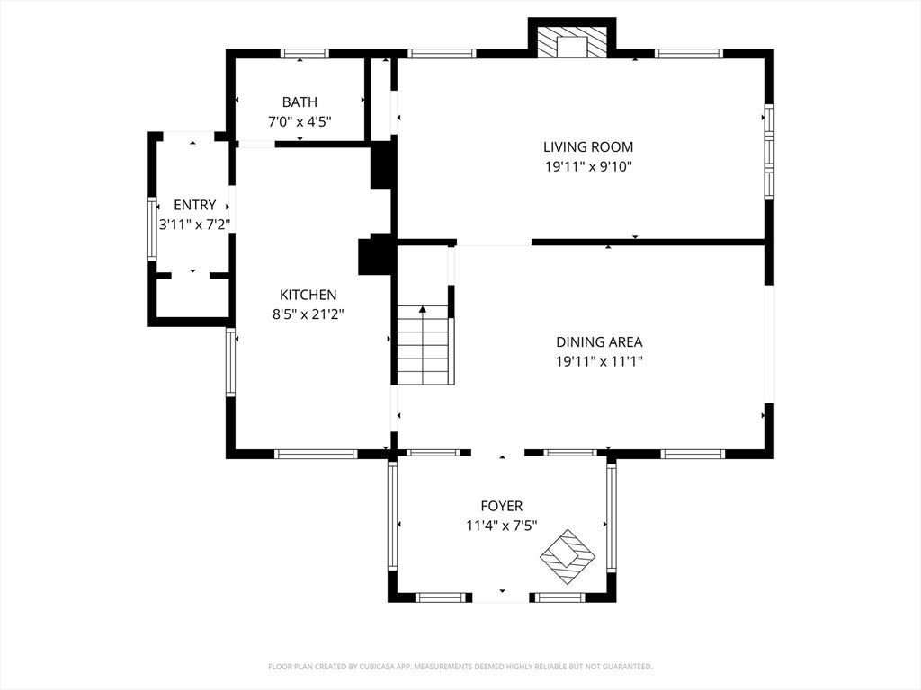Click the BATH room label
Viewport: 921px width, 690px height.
click(300, 102)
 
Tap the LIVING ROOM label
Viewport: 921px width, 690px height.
click(588, 146)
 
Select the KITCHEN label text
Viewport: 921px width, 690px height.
click(308, 295)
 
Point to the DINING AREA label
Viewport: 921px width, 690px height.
click(599, 341)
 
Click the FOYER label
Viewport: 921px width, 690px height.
click(502, 506)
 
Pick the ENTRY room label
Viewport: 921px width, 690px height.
click(195, 205)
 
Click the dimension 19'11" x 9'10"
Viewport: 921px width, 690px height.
click(588, 166)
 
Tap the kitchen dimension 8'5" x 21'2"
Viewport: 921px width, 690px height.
click(308, 314)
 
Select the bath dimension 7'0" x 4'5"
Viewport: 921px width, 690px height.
click(300, 122)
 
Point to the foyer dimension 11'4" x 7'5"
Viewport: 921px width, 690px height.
click(502, 525)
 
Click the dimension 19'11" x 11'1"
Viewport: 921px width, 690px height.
click(599, 361)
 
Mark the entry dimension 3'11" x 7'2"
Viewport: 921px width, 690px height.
click(194, 224)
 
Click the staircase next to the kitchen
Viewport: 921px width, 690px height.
click(424, 345)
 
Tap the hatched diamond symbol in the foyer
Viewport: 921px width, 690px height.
click(568, 556)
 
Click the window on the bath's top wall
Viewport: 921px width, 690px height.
click(304, 53)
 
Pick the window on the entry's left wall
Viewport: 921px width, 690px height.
click(151, 229)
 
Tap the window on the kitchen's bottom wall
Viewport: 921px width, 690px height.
click(316, 454)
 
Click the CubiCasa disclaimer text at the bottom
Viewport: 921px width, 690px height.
click(460, 667)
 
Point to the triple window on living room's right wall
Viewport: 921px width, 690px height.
click(769, 151)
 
